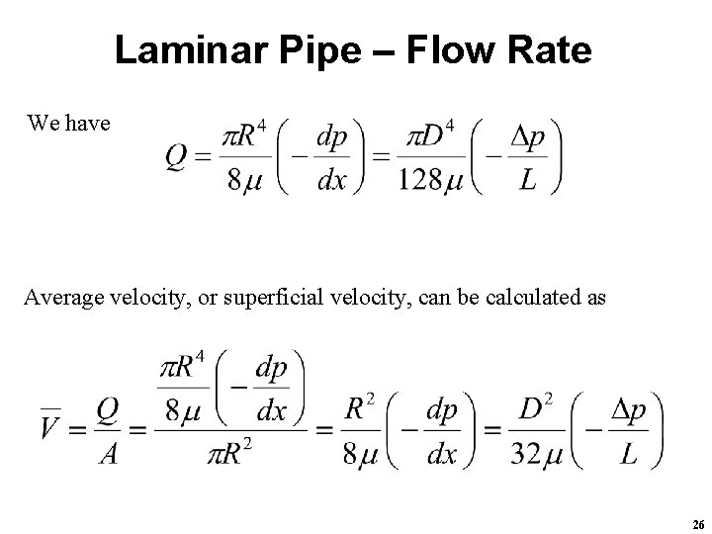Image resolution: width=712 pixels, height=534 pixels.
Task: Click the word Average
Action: coord(62,296)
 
